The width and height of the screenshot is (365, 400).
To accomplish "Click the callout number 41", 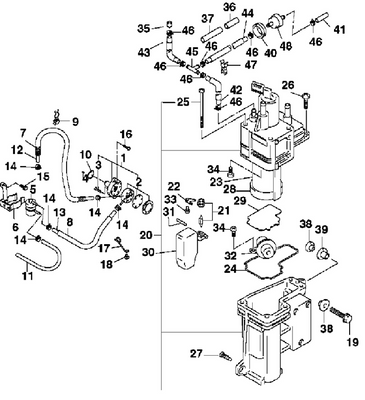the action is (339, 29).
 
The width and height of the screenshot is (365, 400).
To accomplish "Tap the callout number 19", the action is (352, 342).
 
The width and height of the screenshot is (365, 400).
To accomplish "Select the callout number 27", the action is (197, 353).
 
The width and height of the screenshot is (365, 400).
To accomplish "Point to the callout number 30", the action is (148, 252).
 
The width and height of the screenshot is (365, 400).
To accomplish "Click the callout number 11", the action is (28, 276).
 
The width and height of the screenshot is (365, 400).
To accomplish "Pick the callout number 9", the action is (76, 122).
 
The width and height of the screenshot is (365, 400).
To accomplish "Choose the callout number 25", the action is (183, 102).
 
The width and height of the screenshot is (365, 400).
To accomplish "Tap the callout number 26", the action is (288, 85).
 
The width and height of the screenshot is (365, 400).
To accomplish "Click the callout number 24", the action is (230, 269).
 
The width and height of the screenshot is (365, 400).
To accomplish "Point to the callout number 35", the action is (144, 28).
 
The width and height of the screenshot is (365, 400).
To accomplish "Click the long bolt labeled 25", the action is (201, 108).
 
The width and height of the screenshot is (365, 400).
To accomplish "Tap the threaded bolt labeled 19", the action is (341, 315).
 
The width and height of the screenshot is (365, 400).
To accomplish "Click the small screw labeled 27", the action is (226, 356).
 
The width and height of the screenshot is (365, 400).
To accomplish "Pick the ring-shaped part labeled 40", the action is (260, 31).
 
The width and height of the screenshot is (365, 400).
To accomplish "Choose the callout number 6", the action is (15, 228).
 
